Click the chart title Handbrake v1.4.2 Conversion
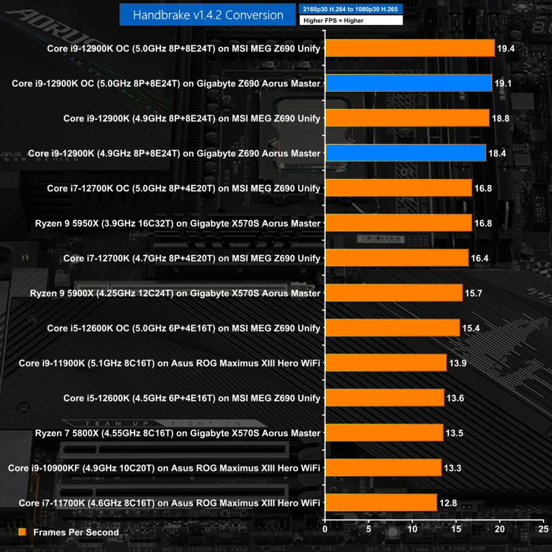[x=208, y=15]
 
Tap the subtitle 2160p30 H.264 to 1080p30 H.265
[x=351, y=10]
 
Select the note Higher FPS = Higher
[x=351, y=20]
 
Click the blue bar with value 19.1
[x=409, y=83]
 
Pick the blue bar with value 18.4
[x=405, y=153]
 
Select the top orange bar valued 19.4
[x=410, y=48]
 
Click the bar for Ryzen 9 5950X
[x=398, y=223]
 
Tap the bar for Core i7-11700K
[x=381, y=503]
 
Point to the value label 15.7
[x=474, y=293]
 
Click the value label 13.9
[x=458, y=363]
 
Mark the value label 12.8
[x=448, y=503]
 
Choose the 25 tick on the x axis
[x=544, y=529]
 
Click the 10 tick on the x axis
[x=413, y=529]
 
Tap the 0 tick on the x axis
[x=325, y=529]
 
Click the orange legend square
[x=22, y=532]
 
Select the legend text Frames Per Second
[x=76, y=532]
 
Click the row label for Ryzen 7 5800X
[x=178, y=433]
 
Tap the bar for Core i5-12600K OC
[x=392, y=328]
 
